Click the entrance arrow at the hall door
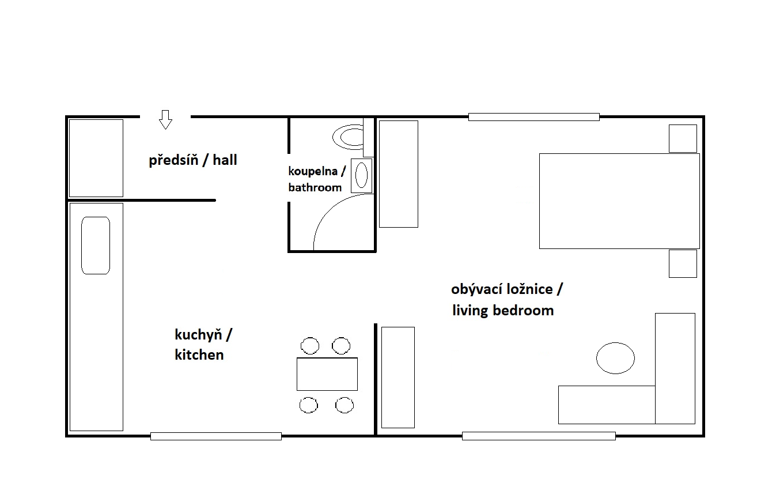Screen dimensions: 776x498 click(x=165, y=120)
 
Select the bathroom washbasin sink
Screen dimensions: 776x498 click(x=361, y=175)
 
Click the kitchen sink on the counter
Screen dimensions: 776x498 click(x=96, y=246)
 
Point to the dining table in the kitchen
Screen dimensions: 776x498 click(x=327, y=374)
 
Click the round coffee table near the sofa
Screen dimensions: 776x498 click(x=616, y=358)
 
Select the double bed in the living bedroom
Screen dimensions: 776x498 click(x=619, y=201)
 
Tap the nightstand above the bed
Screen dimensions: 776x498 click(x=683, y=139)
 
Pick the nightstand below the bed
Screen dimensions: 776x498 click(x=683, y=263)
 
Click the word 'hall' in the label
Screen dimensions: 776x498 click(x=225, y=160)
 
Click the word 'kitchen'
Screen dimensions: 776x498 click(x=199, y=354)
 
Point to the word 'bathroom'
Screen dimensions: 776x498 click(x=315, y=187)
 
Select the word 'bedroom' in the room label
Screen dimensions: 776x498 click(x=523, y=311)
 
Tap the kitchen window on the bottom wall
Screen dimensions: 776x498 click(x=216, y=436)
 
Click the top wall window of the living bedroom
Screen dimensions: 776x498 click(x=534, y=117)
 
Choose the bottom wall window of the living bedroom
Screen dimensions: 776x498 click(x=539, y=436)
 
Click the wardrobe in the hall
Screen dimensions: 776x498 click(x=96, y=158)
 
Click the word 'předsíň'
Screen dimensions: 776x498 click(x=173, y=160)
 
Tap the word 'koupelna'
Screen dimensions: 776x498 click(x=313, y=171)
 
